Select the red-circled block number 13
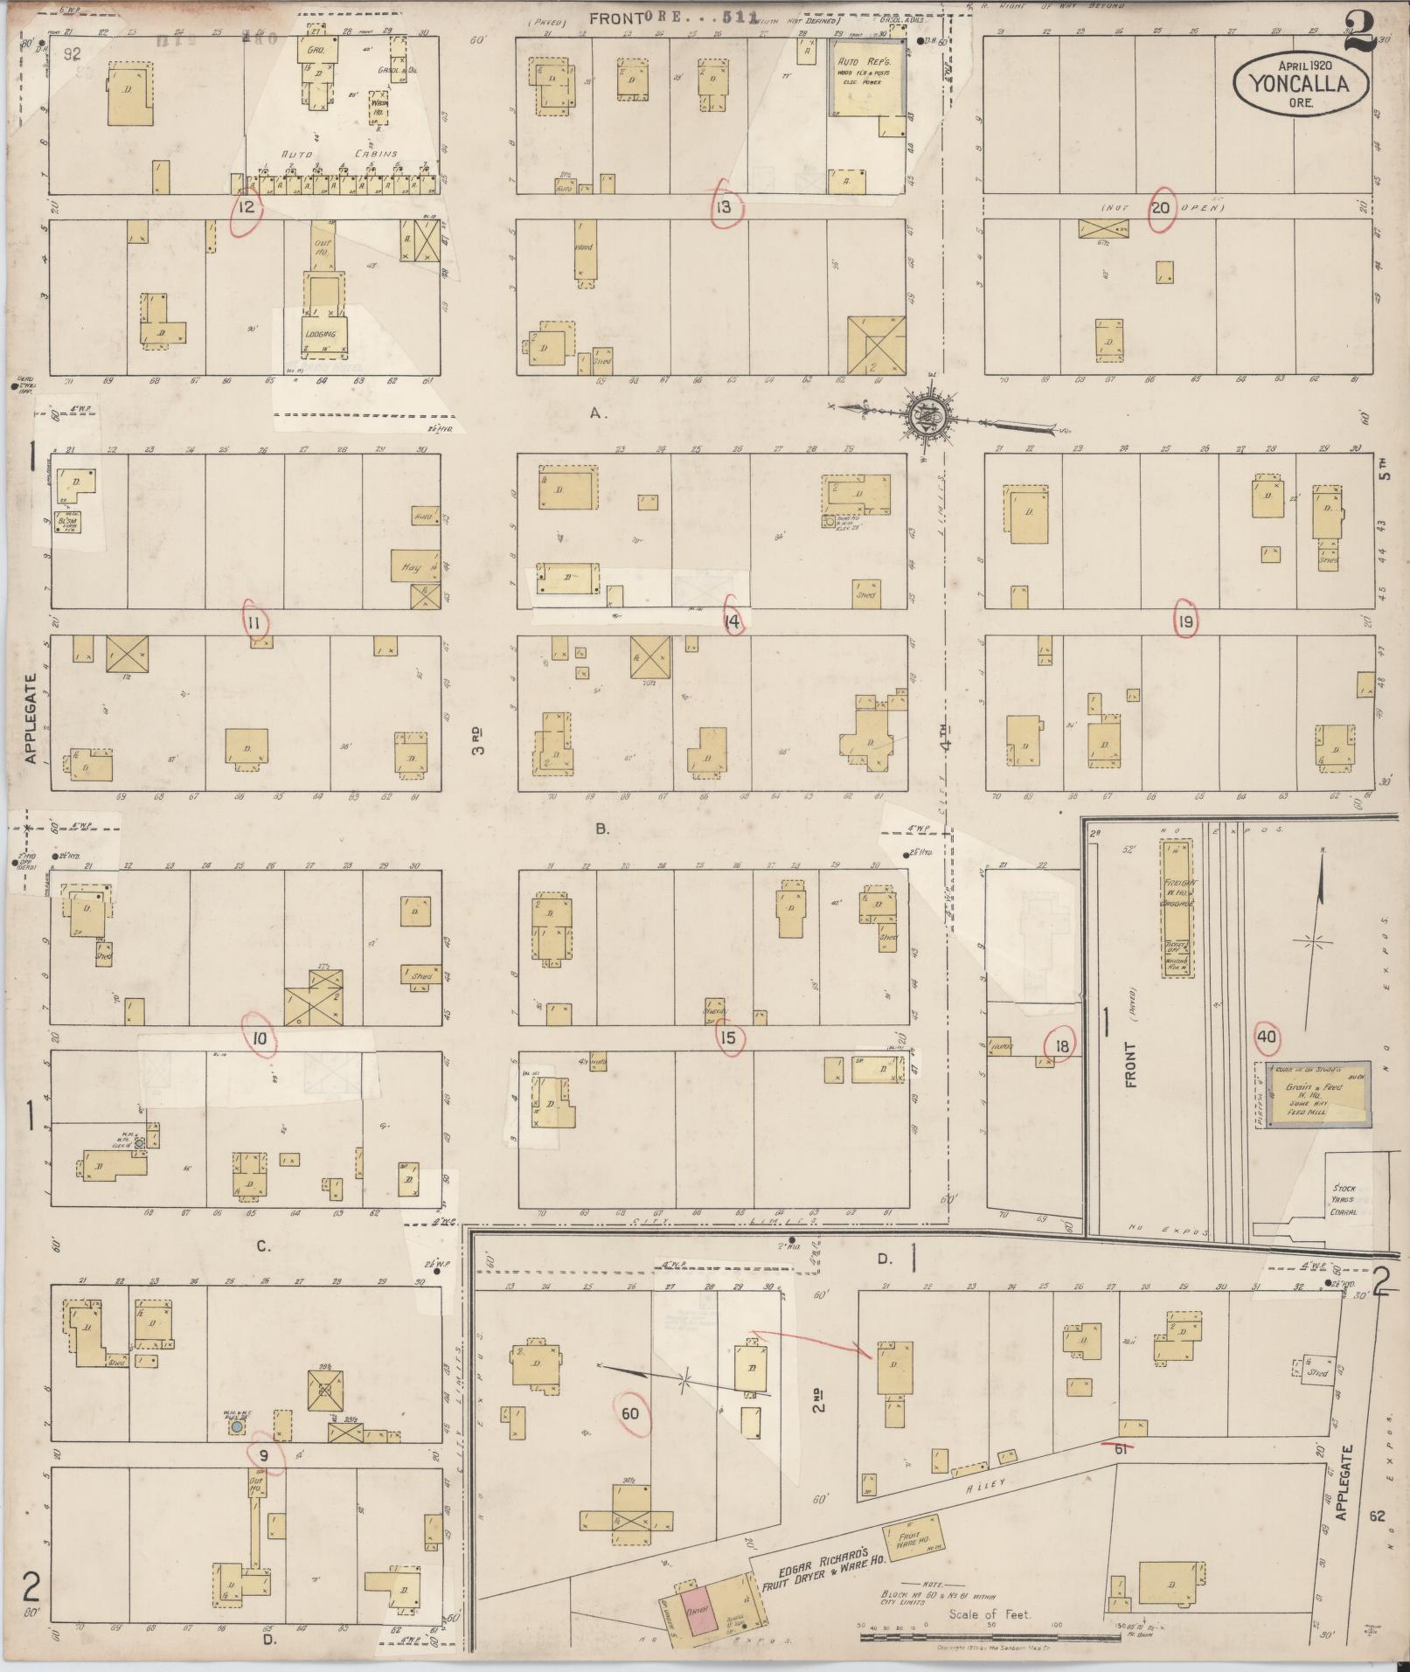[724, 208]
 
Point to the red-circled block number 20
[1160, 208]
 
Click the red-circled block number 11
[254, 622]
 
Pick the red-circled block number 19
[1185, 621]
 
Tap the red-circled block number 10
[259, 1039]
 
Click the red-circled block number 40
[1266, 1037]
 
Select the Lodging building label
[325, 334]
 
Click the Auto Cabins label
[339, 154]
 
